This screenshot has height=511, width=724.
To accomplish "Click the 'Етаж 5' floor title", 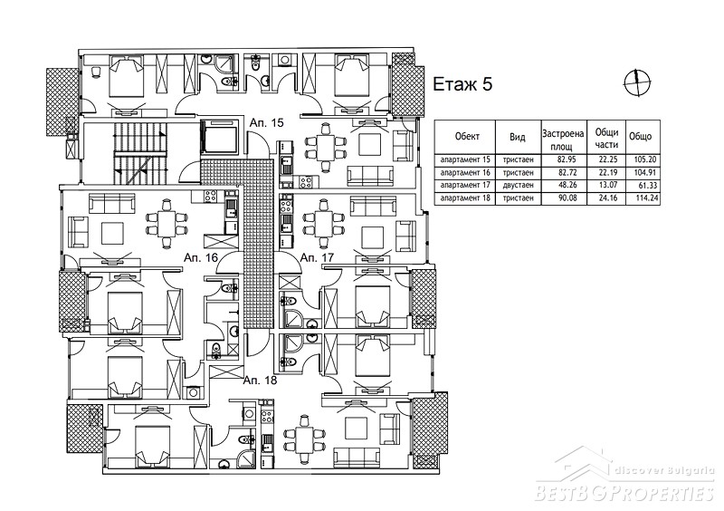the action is (462, 84).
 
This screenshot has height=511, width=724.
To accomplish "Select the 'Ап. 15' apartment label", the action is (266, 123).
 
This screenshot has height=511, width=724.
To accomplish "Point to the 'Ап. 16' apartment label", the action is (200, 257).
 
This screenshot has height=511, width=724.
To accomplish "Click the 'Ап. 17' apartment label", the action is (317, 257).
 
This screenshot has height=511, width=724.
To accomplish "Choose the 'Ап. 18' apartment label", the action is (260, 381).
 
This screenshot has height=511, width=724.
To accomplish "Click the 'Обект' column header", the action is (467, 137).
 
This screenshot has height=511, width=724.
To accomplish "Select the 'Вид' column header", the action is (517, 137).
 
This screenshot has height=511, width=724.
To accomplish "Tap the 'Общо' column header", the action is (641, 137).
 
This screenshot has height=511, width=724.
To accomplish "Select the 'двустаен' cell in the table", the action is (518, 186).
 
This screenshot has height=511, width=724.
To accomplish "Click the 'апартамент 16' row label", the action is (465, 173).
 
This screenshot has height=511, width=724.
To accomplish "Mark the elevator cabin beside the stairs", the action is (220, 137).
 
